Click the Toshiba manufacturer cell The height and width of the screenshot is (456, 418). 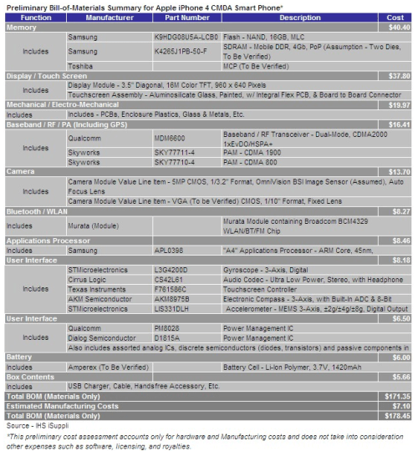(79, 63)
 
